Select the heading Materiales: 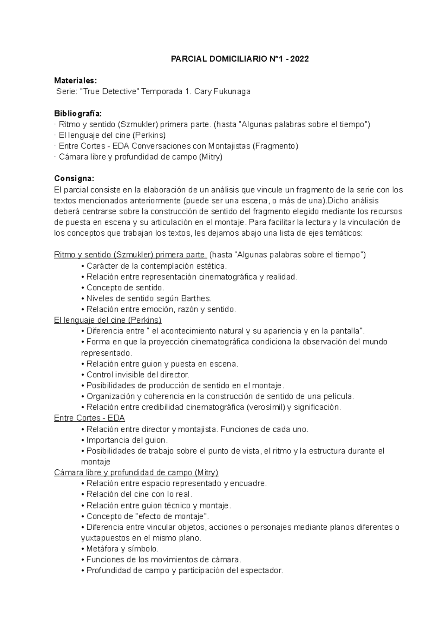tap(75, 80)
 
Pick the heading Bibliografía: tap(77, 113)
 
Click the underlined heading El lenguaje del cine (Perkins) tap(108, 320)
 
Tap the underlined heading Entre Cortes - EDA tap(89, 418)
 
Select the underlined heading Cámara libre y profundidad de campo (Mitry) tap(136, 472)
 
